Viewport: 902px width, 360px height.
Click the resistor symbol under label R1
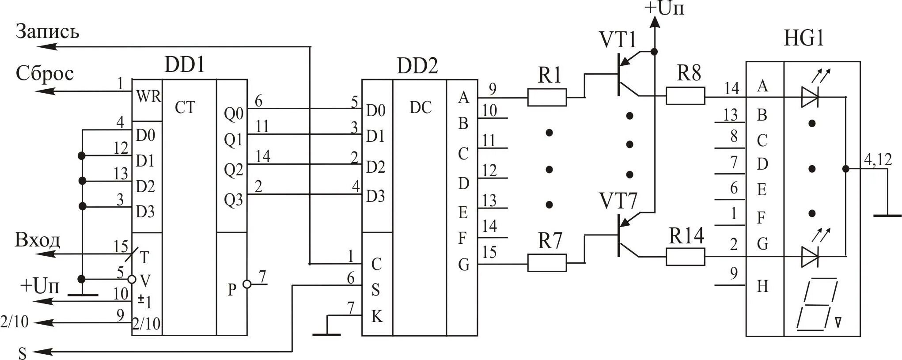pyautogui.click(x=547, y=97)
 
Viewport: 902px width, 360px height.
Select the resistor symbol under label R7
pyautogui.click(x=547, y=262)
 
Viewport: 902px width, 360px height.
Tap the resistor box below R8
pyautogui.click(x=685, y=96)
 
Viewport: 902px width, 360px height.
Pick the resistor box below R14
pyautogui.click(x=685, y=257)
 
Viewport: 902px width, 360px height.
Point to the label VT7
pyautogui.click(x=618, y=201)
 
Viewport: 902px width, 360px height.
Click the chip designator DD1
pyautogui.click(x=185, y=65)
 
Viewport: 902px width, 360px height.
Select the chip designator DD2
pyautogui.click(x=417, y=66)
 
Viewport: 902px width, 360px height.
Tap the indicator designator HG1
pyautogui.click(x=804, y=38)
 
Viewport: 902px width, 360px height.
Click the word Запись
pyautogui.click(x=48, y=32)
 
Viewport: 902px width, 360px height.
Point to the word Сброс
pyautogui.click(x=45, y=73)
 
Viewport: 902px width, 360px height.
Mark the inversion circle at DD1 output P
pyautogui.click(x=247, y=284)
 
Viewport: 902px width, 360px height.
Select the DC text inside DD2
pyautogui.click(x=420, y=107)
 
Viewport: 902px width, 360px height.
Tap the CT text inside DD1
pyautogui.click(x=185, y=107)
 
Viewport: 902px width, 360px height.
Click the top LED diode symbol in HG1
pyautogui.click(x=810, y=97)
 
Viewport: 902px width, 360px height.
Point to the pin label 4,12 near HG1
pyautogui.click(x=878, y=159)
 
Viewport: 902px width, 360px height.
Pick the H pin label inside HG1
pyautogui.click(x=762, y=286)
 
